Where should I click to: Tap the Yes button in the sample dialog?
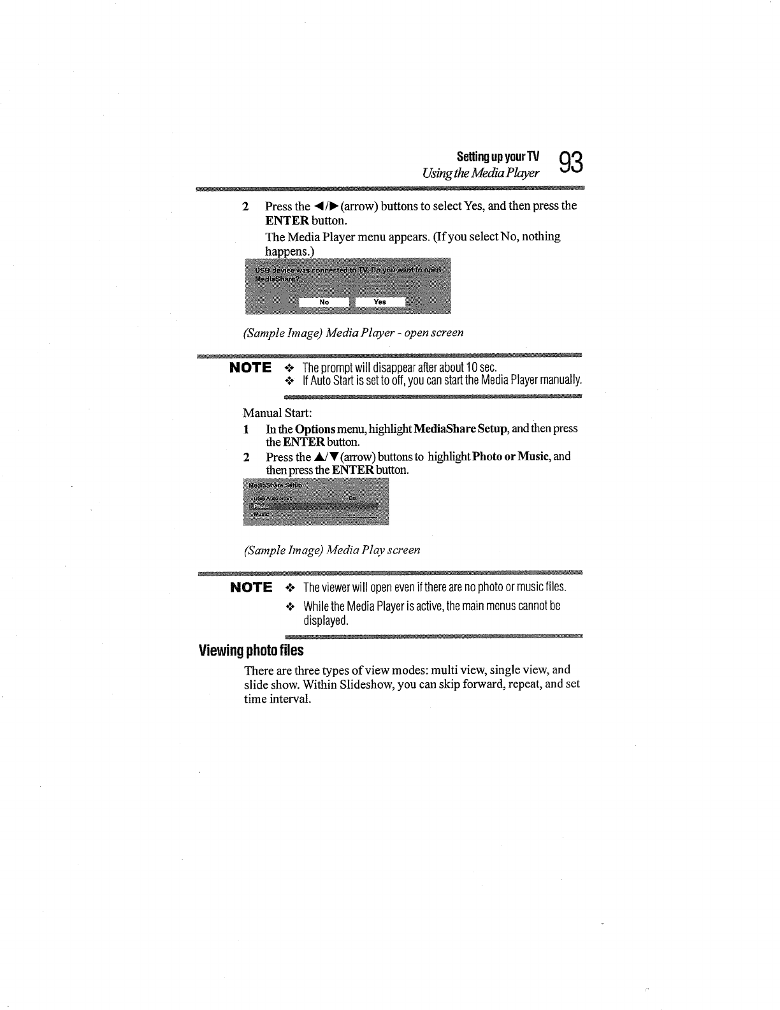pos(380,302)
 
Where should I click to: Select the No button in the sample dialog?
pos(324,302)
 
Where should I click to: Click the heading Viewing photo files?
pos(251,651)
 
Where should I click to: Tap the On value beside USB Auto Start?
pos(352,497)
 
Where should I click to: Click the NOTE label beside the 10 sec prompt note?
pos(250,368)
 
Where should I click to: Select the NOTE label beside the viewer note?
pos(250,587)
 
